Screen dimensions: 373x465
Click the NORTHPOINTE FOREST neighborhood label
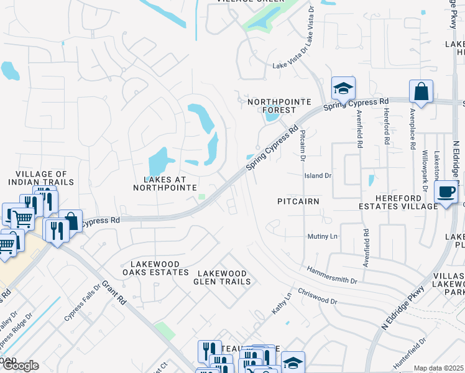point(271,106)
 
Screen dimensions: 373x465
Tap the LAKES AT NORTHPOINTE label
point(165,183)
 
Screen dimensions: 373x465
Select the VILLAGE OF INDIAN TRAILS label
point(41,178)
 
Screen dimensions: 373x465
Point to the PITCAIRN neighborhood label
point(298,201)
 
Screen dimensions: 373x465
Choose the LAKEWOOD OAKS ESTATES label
point(155,268)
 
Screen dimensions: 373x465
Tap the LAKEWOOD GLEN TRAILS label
point(223,277)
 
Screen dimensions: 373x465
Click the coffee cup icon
point(446,192)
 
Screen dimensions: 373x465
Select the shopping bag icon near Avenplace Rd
point(421,92)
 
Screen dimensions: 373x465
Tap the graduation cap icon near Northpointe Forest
point(343,89)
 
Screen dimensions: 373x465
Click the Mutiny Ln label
point(322,237)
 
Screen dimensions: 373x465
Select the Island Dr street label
point(318,176)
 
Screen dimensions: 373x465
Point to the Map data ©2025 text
point(438,368)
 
